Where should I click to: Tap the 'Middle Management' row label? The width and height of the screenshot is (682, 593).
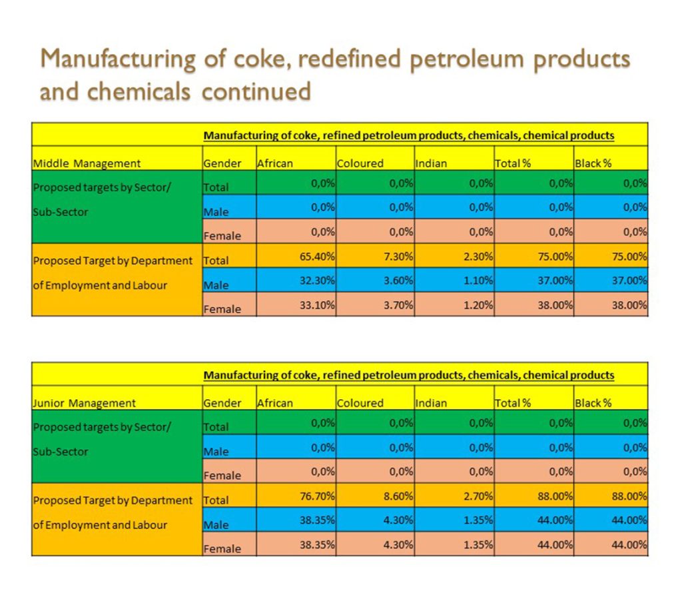(x=87, y=163)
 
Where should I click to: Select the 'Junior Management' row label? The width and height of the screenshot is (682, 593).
(x=84, y=403)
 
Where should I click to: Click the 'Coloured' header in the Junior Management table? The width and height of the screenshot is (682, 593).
(x=360, y=403)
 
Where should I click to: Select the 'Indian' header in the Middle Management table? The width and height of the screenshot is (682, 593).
(x=431, y=163)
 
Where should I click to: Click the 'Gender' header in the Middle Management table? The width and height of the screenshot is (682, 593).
(x=222, y=163)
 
